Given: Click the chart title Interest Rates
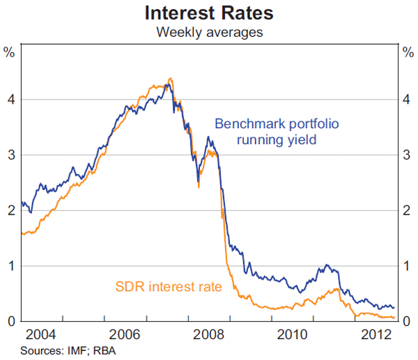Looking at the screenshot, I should click(x=208, y=13).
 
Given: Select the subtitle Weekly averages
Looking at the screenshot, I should click(x=208, y=32).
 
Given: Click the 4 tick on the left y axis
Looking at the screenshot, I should click(x=11, y=100).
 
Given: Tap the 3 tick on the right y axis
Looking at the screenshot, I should click(x=407, y=155).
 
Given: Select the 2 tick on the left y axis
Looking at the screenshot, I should click(x=11, y=210).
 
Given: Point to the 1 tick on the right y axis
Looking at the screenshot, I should click(x=407, y=265).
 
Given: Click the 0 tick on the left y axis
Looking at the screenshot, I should click(x=11, y=321).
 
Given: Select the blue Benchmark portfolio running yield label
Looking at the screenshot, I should click(x=277, y=132).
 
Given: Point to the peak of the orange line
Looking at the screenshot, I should click(x=171, y=79).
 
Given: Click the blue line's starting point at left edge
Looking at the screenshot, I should click(x=22, y=203).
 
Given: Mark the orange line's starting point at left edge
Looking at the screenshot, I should click(x=22, y=234).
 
